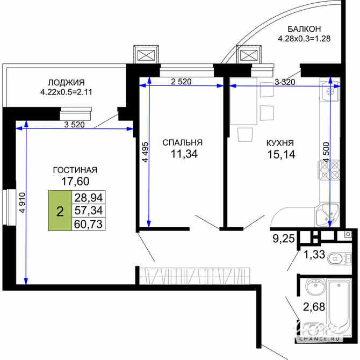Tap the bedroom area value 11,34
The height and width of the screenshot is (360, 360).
click(182, 155)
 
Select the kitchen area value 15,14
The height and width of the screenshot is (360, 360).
click(280, 155)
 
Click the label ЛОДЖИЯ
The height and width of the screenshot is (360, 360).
click(66, 82)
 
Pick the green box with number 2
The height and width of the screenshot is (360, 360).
click(60, 210)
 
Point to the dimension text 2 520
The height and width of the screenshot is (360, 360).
click(181, 82)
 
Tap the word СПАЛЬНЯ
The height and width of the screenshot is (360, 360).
click(182, 142)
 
